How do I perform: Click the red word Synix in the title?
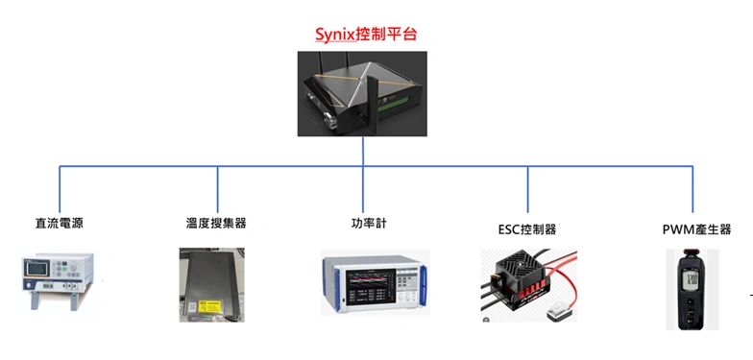click(x=335, y=35)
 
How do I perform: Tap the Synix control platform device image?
click(x=362, y=94)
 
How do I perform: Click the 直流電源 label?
click(x=60, y=224)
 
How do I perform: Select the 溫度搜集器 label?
click(x=216, y=223)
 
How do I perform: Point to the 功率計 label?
click(x=369, y=223)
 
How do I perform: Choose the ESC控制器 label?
click(x=527, y=229)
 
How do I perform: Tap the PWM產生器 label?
click(x=697, y=229)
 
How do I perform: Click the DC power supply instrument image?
click(x=58, y=280)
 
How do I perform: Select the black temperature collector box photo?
click(x=211, y=284)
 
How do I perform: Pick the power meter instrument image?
click(x=375, y=282)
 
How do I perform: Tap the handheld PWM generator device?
click(x=692, y=290)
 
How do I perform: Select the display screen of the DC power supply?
click(x=36, y=268)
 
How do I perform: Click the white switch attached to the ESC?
click(x=559, y=313)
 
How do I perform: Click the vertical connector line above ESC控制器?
click(x=527, y=190)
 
